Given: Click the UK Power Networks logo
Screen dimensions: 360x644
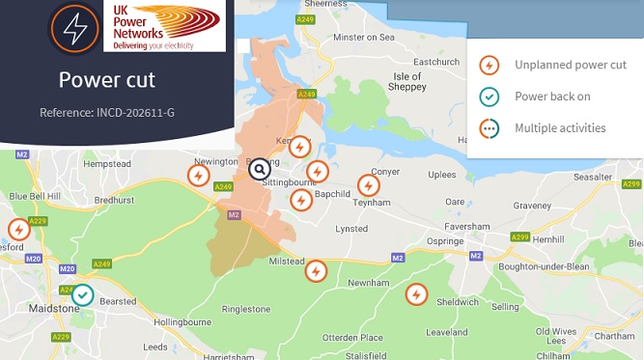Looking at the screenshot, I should click(x=163, y=26).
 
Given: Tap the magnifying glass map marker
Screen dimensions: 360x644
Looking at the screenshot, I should click(x=259, y=170).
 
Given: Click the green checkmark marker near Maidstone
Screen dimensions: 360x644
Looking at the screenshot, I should click(x=83, y=294).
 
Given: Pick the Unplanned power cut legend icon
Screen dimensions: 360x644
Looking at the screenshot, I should click(x=490, y=66).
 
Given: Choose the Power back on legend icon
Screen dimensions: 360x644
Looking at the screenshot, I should click(x=490, y=97).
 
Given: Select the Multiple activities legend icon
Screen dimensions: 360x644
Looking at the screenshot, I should click(x=490, y=127).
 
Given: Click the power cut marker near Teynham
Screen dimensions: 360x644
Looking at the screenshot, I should click(x=368, y=184).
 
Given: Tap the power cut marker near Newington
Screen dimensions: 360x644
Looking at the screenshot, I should click(x=198, y=176).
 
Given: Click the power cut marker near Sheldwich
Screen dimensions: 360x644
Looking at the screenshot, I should click(x=416, y=293).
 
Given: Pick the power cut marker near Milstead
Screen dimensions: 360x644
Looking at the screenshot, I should click(x=315, y=270).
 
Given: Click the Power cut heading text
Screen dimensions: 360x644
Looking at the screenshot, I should click(x=106, y=80).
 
